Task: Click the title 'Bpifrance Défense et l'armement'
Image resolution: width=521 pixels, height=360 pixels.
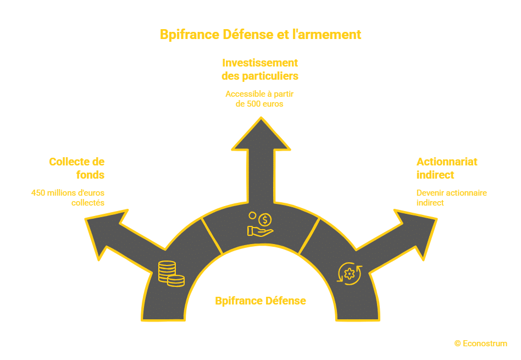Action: (x=260, y=34)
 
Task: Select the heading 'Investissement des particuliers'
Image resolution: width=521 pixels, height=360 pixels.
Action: (x=260, y=69)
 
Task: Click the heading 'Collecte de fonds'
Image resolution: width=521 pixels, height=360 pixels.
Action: (x=76, y=168)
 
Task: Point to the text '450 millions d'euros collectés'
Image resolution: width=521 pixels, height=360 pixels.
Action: (x=68, y=198)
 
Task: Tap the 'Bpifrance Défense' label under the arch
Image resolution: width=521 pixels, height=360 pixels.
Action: (x=260, y=301)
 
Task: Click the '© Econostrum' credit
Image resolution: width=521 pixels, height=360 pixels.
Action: (x=480, y=344)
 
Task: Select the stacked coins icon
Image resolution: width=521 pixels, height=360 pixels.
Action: (x=171, y=273)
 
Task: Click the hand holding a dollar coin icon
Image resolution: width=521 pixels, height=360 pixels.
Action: (x=260, y=224)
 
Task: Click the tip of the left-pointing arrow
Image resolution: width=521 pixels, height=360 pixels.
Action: (x=86, y=220)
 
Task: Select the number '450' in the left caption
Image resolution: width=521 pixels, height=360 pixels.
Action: (x=38, y=193)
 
